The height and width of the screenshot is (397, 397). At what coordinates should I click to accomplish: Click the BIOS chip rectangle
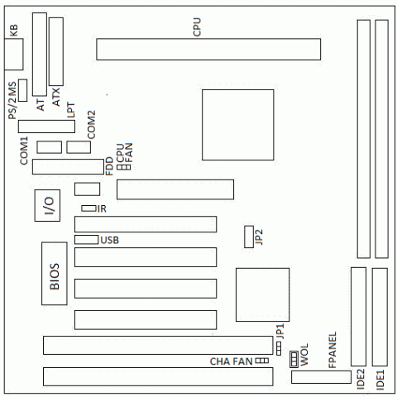(55, 274)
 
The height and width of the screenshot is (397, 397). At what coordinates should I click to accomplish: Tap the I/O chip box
(47, 205)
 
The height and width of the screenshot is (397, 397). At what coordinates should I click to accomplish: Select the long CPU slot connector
(208, 50)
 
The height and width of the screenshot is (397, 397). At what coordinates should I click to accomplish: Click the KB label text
(13, 31)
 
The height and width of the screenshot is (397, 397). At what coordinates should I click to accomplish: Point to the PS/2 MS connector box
(22, 90)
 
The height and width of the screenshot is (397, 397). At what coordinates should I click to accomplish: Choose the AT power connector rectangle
(40, 55)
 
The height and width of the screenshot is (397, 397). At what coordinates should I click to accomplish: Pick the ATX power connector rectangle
(56, 51)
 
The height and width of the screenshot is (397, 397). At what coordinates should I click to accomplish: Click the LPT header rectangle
(46, 127)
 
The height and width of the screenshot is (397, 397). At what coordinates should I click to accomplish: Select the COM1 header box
(50, 147)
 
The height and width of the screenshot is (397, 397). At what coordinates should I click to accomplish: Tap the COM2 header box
(79, 147)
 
